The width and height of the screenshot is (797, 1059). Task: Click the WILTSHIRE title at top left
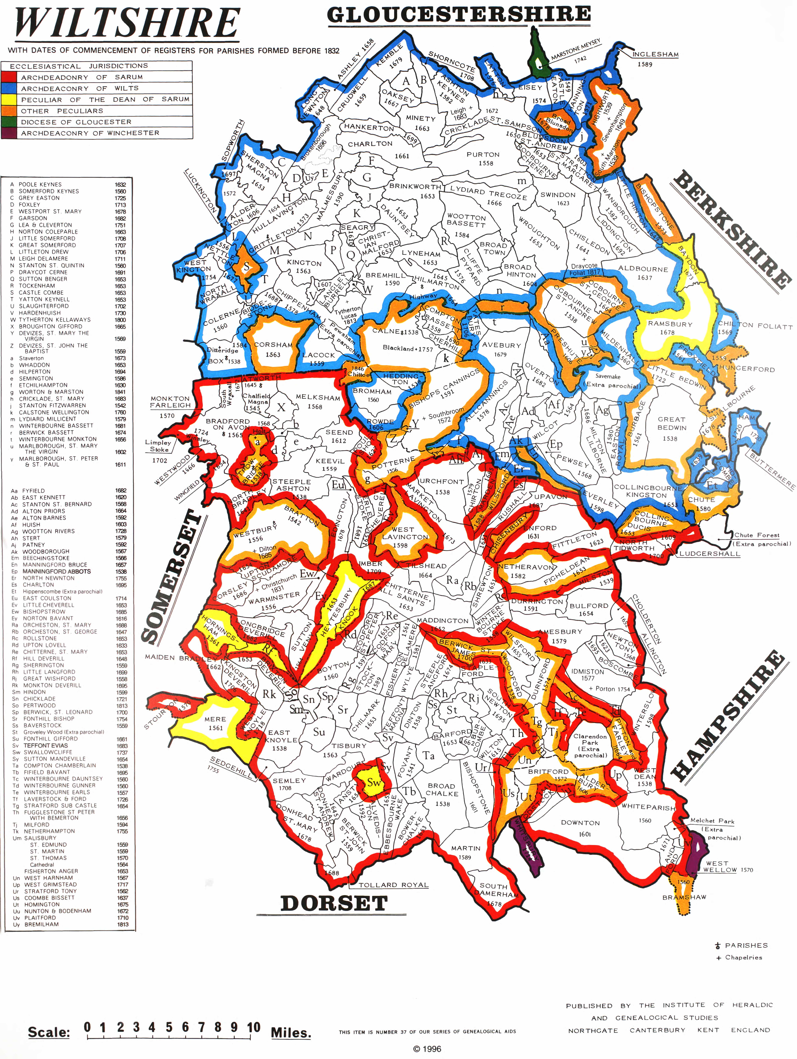click(127, 24)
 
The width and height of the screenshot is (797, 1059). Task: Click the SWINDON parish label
click(558, 195)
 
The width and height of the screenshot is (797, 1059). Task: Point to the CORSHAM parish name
click(273, 345)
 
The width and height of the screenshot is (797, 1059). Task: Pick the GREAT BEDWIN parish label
click(672, 423)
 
